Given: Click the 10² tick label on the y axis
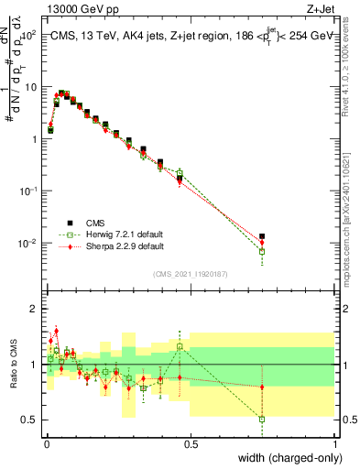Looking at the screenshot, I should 29,34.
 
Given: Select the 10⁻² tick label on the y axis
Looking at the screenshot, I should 29,243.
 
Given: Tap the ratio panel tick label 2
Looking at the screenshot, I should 33,309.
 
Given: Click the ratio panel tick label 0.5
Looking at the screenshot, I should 29,420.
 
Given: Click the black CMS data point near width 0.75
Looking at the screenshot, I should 262,236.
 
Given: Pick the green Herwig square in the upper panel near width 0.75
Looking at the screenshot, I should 262,251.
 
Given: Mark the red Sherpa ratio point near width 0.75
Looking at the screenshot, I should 262,387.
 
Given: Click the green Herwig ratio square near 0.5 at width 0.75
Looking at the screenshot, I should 262,420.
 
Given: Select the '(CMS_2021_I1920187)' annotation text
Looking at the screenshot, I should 190,273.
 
